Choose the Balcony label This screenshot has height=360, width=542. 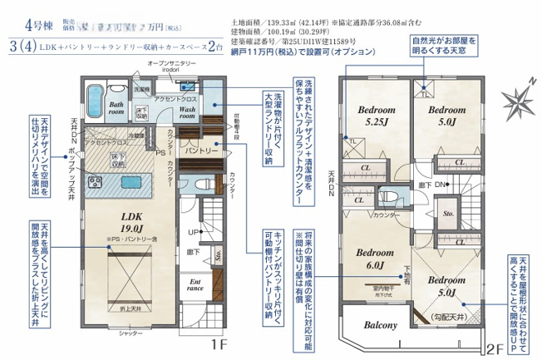[x=379, y=325]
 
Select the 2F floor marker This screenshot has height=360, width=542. [x=495, y=349]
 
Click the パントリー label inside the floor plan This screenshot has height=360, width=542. [x=200, y=152]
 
